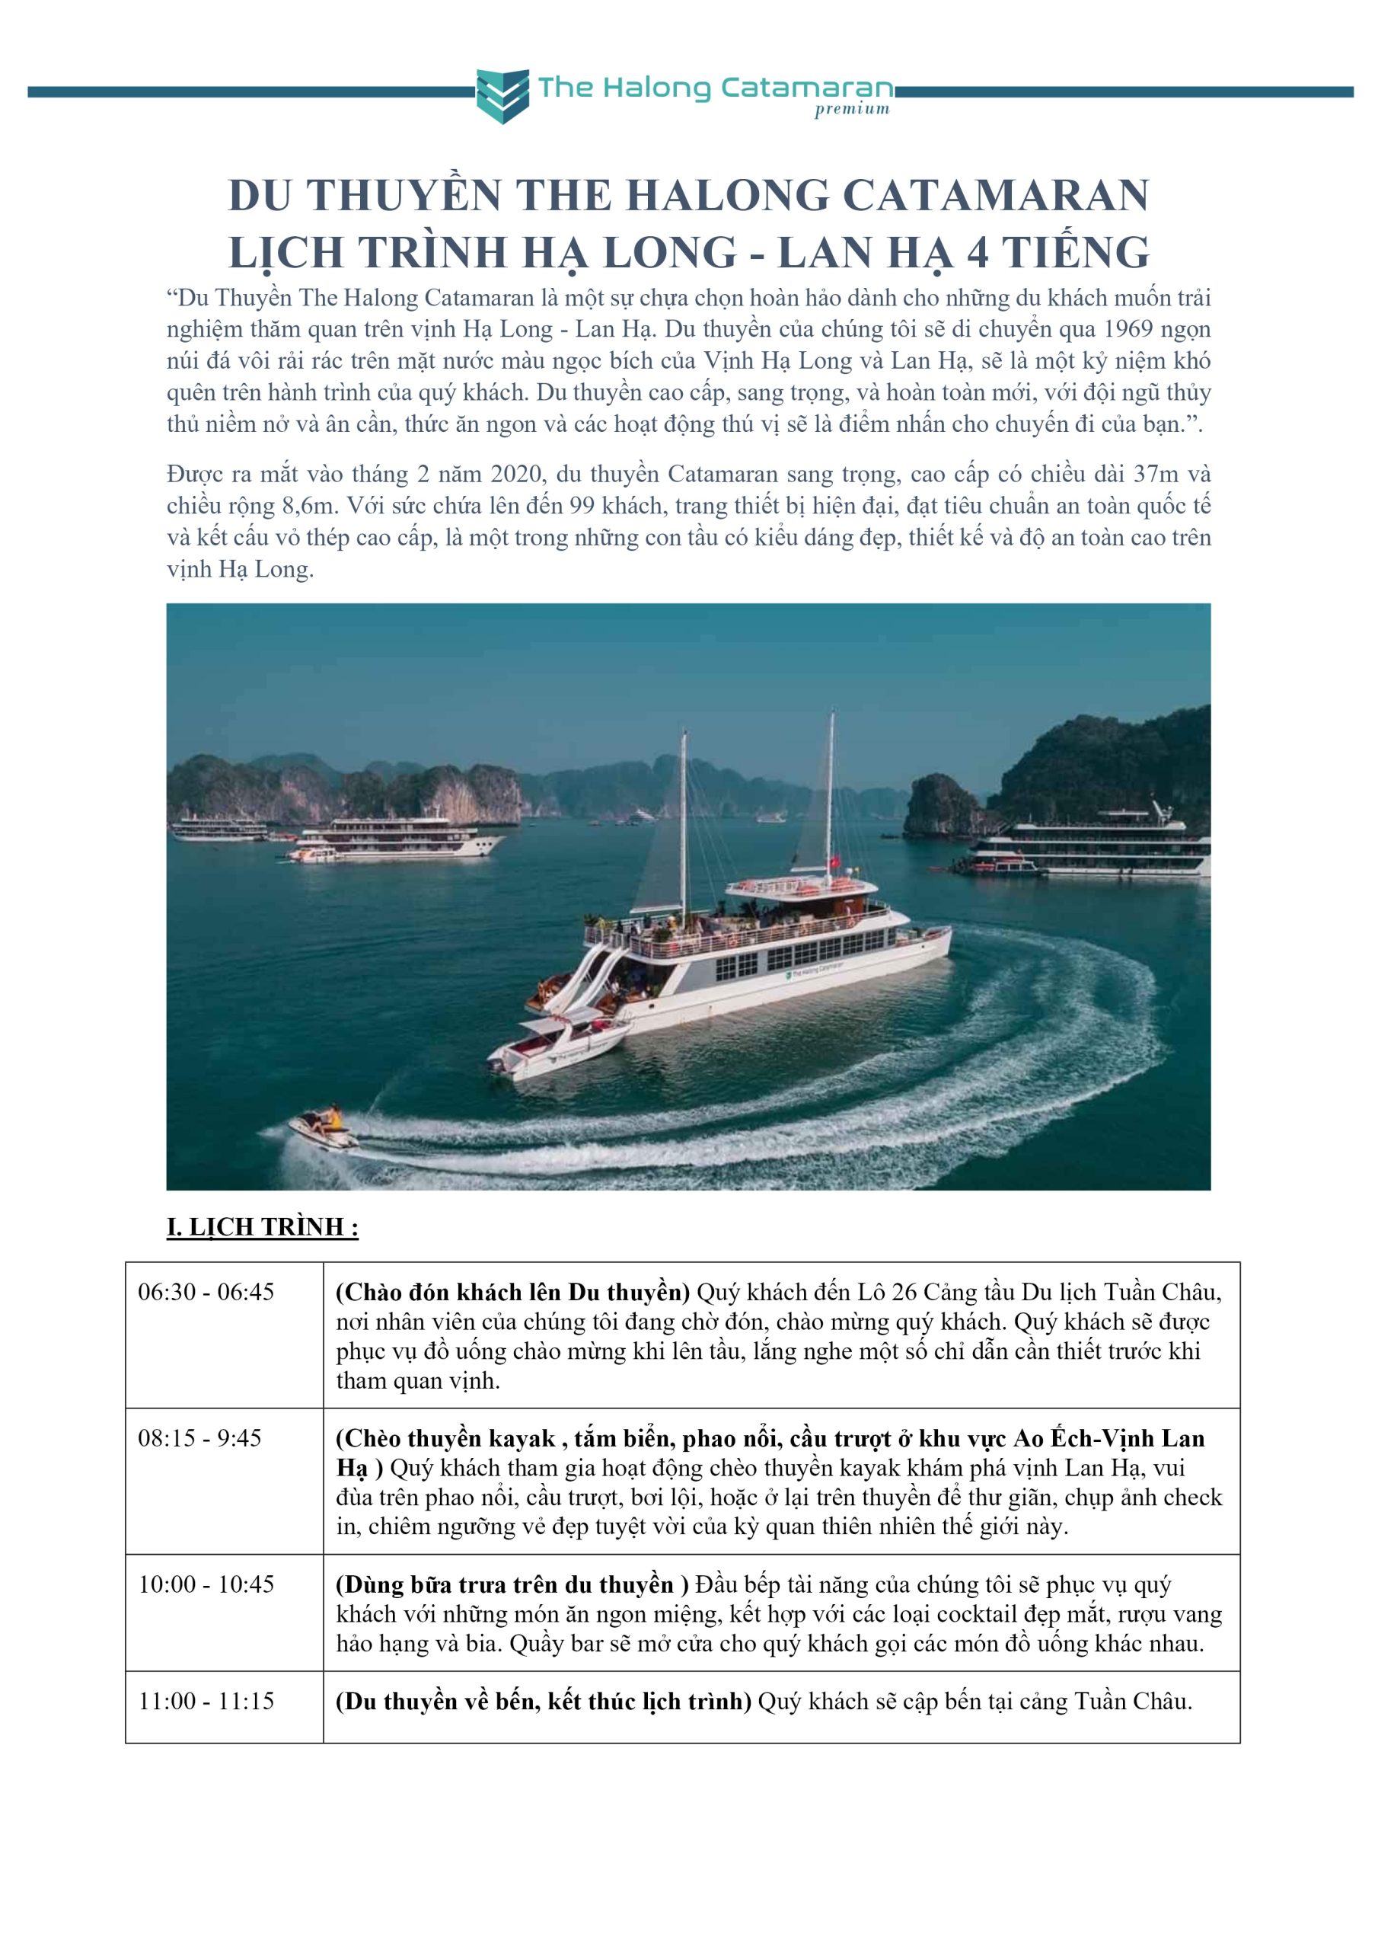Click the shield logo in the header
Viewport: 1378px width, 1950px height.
tap(502, 95)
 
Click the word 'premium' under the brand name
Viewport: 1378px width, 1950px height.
tap(852, 110)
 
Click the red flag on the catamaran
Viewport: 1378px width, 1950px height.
tap(834, 862)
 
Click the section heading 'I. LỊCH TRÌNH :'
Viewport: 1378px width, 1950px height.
tap(263, 1227)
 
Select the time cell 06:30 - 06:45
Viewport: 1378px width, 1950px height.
tap(206, 1292)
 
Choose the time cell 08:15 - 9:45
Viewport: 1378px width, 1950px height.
tap(199, 1438)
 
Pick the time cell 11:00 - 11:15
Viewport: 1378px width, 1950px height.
tap(206, 1701)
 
